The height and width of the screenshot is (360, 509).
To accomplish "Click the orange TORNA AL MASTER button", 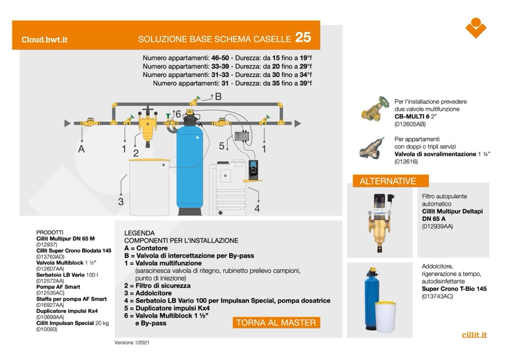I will [276, 322].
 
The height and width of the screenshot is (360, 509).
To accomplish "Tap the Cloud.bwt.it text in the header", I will [45, 39].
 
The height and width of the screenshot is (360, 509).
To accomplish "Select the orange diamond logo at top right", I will [476, 28].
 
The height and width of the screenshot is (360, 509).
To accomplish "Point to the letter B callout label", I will [218, 97].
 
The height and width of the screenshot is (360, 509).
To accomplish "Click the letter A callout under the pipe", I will [81, 149].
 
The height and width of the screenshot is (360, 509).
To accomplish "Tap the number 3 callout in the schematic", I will [120, 202].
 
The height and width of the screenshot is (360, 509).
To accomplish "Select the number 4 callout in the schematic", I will [257, 209].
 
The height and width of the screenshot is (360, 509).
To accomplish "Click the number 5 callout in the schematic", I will [222, 145].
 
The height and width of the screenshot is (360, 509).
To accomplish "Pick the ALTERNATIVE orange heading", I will [387, 181].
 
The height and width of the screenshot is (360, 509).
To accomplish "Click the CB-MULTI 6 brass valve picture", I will [375, 110].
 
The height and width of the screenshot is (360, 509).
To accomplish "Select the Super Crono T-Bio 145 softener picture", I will [382, 298].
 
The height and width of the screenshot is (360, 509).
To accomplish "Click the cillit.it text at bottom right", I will [474, 335].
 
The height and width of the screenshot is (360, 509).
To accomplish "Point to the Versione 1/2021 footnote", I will [135, 342].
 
